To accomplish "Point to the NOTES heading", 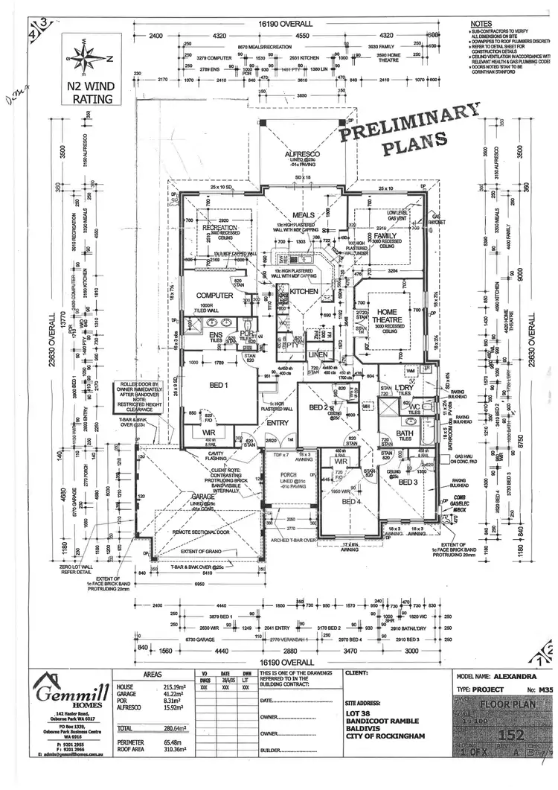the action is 481,25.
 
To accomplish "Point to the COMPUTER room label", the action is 214,296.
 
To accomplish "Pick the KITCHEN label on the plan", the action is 304,291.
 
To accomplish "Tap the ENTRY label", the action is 277,423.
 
